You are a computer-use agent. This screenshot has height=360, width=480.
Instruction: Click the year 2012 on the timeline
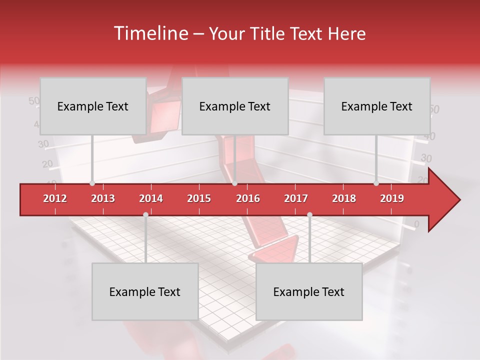55,198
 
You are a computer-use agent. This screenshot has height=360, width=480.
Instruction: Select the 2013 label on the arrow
103,198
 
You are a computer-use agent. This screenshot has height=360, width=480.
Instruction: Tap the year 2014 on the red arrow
151,198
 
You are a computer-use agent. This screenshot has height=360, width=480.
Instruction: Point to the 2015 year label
199,198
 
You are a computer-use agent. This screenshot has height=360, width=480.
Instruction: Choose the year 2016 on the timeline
248,198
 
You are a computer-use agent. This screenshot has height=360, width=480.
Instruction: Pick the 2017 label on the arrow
296,198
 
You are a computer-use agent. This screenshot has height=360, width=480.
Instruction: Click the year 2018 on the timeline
344,198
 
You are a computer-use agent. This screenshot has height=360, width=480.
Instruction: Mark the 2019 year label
392,198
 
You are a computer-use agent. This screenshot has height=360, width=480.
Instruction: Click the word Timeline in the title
150,33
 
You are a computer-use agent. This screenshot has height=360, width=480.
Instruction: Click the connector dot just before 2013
92,183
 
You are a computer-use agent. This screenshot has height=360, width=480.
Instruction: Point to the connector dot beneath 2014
145,214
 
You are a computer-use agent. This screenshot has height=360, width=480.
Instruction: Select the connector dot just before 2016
234,183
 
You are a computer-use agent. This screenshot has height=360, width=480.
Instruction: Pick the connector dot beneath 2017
309,214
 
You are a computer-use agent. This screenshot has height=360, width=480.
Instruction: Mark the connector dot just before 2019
376,183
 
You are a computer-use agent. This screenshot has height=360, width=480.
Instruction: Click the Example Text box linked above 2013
93,106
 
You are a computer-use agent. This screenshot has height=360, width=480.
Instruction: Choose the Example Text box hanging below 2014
145,291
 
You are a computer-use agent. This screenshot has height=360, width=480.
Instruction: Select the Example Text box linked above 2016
235,106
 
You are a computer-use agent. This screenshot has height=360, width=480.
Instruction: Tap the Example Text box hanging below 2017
309,291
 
